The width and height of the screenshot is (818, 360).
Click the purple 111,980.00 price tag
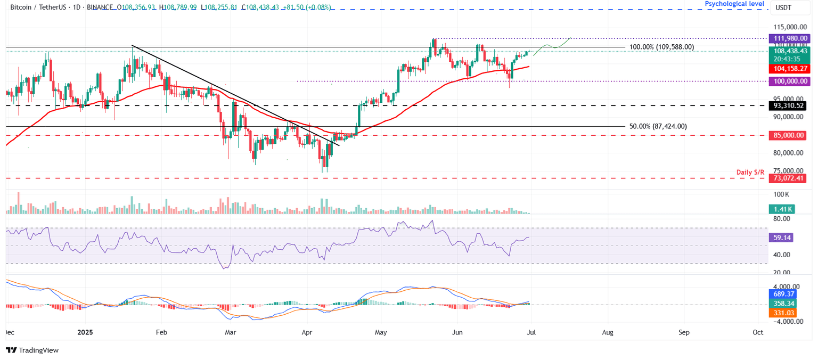[789, 38]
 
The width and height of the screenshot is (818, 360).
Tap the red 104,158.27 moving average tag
[789, 69]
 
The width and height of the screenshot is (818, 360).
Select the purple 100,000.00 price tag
[789, 81]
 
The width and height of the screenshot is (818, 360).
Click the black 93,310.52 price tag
[789, 105]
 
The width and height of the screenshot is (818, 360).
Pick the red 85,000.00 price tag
[789, 135]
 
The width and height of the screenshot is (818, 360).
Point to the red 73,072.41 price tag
[789, 178]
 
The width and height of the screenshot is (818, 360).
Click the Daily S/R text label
[750, 172]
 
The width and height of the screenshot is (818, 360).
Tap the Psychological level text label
[734, 4]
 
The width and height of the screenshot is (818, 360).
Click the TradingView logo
[32, 350]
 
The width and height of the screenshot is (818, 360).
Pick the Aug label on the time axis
[608, 332]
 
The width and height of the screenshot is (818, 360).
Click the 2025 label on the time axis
[85, 332]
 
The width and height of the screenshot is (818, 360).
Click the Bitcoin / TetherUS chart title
[33, 7]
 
